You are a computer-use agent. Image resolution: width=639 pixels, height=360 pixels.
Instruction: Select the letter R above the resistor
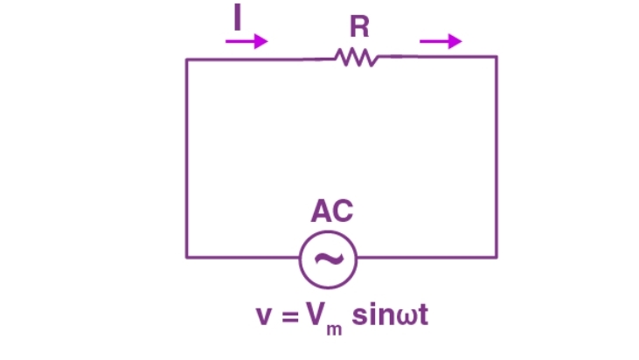click(358, 27)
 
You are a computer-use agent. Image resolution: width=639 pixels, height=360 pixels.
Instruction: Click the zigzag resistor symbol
click(355, 58)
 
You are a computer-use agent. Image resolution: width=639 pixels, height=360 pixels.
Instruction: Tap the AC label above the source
click(332, 212)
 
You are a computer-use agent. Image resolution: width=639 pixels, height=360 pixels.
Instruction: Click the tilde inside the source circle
click(328, 258)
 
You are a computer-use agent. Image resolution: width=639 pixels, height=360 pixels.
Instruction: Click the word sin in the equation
click(372, 314)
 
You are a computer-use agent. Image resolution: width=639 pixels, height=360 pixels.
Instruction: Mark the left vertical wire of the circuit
click(186, 157)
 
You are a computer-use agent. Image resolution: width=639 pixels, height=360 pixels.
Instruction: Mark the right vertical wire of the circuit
click(497, 157)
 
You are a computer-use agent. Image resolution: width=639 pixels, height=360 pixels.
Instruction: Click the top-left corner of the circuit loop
click(186, 59)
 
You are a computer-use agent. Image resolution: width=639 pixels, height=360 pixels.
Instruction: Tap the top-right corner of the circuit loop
click(497, 58)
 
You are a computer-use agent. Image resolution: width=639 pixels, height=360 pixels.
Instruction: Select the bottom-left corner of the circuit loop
click(186, 257)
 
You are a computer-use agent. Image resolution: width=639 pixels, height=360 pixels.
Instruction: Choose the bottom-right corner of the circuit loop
click(497, 257)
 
